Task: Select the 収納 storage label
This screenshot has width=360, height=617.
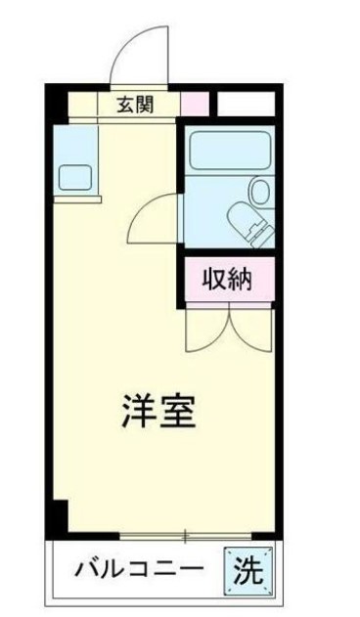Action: click(x=227, y=280)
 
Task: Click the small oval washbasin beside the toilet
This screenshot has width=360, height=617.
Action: click(x=260, y=191)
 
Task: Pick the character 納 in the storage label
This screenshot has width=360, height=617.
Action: click(x=240, y=280)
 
